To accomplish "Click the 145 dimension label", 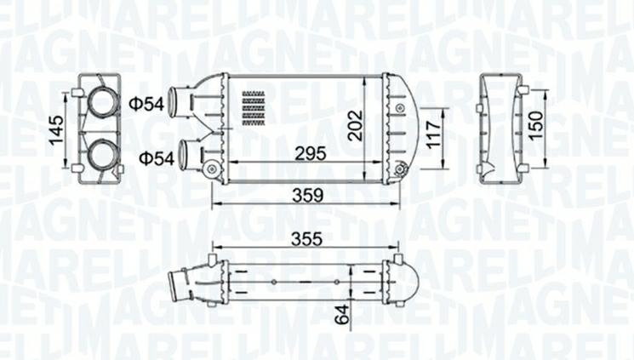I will point(57,131).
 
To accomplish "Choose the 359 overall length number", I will point(307,195).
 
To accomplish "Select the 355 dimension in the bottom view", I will point(306,240).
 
